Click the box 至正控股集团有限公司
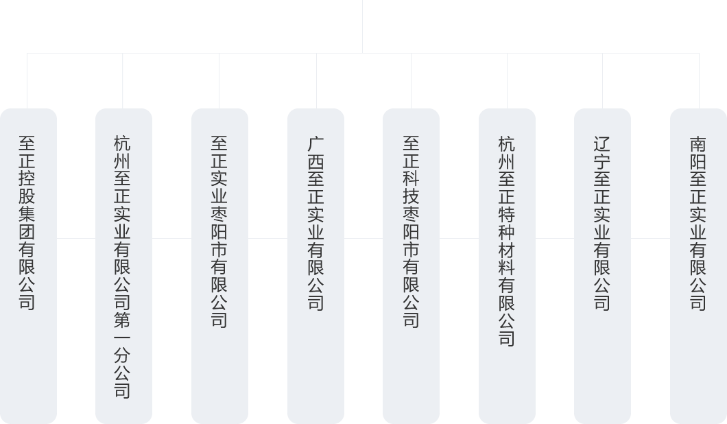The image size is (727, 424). coord(27,266)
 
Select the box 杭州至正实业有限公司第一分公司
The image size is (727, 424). coord(123,266)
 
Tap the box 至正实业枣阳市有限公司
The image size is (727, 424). coord(219,266)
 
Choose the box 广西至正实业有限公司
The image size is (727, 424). coord(315,266)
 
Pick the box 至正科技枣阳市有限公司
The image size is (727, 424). coord(411,266)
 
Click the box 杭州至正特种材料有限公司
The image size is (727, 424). coord(507,266)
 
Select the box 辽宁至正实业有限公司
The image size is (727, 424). coord(602,266)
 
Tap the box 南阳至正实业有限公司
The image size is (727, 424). coord(698,266)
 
